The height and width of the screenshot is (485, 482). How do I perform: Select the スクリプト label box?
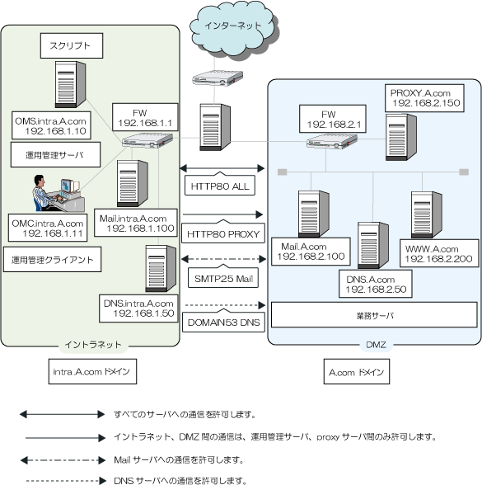click(x=72, y=46)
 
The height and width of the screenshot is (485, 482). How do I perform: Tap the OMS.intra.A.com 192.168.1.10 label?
click(x=51, y=125)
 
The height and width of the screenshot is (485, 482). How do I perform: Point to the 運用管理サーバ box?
click(x=56, y=155)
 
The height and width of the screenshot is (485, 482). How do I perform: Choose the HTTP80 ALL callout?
click(x=220, y=185)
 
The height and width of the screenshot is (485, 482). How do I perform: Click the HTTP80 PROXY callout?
click(x=223, y=233)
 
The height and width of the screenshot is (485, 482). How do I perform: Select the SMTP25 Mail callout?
click(x=223, y=278)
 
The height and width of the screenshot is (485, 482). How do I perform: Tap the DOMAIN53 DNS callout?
click(x=223, y=322)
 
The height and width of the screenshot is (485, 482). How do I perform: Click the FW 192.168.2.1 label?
click(x=333, y=119)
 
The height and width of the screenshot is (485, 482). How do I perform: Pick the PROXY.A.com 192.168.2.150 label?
click(x=424, y=98)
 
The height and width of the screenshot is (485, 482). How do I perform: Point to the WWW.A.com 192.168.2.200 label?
click(x=439, y=253)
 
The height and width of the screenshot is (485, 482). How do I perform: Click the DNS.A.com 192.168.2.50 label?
click(x=376, y=284)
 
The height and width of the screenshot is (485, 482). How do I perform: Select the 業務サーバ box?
click(x=374, y=315)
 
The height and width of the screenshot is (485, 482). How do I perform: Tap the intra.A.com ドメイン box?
click(x=92, y=371)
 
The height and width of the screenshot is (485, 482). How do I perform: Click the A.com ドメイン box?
click(x=357, y=371)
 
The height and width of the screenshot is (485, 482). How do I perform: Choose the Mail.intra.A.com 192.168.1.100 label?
click(x=136, y=223)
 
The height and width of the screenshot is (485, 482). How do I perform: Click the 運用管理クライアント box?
click(x=52, y=260)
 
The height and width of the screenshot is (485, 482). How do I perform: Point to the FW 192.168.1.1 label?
click(x=145, y=117)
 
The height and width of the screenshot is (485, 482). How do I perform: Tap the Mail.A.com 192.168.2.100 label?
click(x=311, y=252)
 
